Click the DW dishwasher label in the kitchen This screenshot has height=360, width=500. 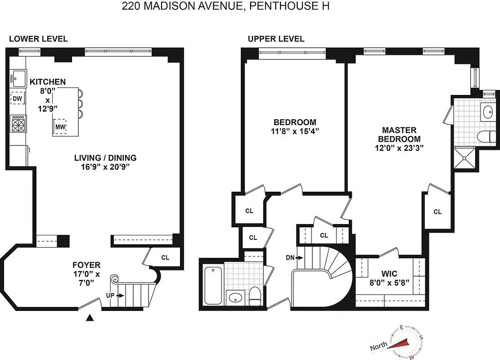click(x=18, y=98)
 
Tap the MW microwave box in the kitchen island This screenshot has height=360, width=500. click(x=60, y=127)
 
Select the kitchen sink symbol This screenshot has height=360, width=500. click(x=18, y=79)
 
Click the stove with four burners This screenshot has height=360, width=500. click(x=18, y=124)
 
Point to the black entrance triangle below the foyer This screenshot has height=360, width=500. click(x=90, y=319)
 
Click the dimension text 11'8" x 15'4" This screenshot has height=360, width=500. click(x=295, y=131)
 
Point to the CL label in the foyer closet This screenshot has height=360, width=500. click(x=165, y=258)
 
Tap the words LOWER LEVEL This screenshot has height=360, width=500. click(x=38, y=39)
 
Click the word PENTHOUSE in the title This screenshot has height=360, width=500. click(x=290, y=7)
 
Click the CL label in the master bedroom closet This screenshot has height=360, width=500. click(x=437, y=211)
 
